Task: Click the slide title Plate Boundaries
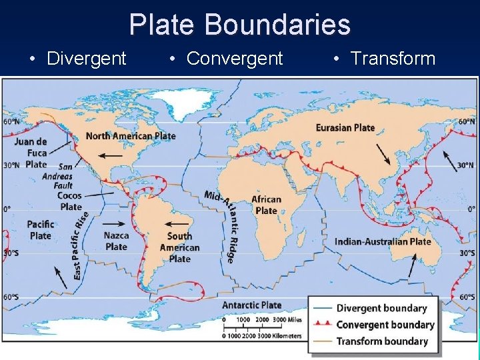[x=239, y=25]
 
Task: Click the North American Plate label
[x=131, y=136]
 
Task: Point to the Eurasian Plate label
[x=345, y=127]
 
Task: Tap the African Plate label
[x=266, y=205]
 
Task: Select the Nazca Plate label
[x=116, y=241]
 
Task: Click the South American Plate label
[x=179, y=247]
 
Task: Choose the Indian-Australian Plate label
[x=383, y=241]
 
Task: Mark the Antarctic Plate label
[x=251, y=305]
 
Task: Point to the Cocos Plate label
[x=69, y=201]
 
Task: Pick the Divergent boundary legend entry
[x=381, y=308]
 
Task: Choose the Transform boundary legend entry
[x=382, y=341]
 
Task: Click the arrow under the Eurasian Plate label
[x=385, y=153]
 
